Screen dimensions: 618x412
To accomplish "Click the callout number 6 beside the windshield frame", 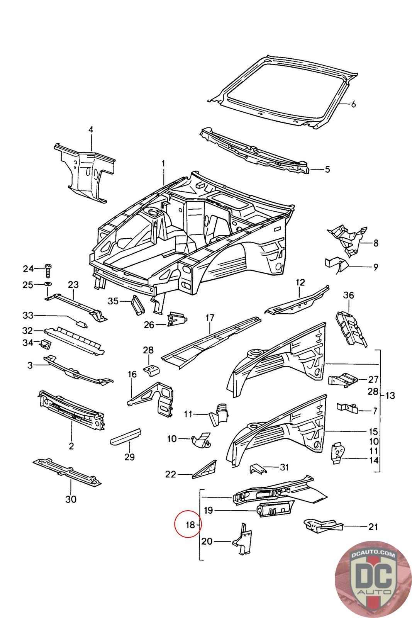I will [353, 104].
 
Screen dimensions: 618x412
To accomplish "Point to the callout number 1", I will [163, 164].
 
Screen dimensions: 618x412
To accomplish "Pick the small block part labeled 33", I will [81, 323].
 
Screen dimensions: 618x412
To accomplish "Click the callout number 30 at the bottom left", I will [71, 499].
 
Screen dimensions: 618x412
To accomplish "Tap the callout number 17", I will [210, 318].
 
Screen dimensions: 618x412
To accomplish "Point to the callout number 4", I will [91, 130].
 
